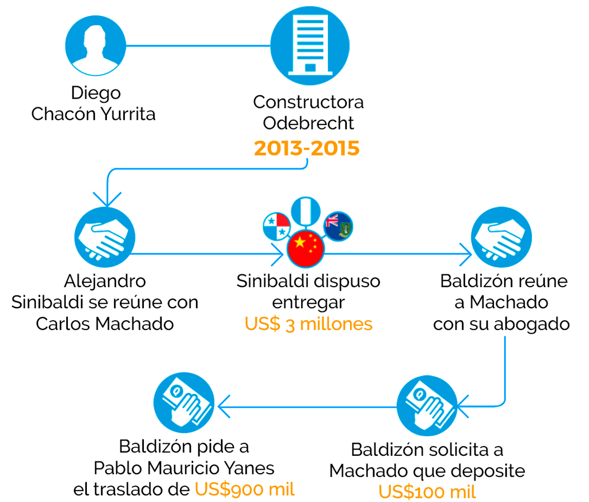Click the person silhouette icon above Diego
tap(96, 45)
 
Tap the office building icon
tap(310, 45)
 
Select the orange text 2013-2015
tap(306, 148)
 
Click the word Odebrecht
tap(308, 123)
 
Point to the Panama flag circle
tap(277, 226)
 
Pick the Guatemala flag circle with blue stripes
tap(306, 211)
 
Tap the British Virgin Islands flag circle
tap(338, 226)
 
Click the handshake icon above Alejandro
tap(105, 237)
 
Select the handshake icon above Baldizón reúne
tap(502, 237)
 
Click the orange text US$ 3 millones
tap(308, 324)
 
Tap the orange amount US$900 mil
tap(245, 489)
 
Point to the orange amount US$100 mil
tap(427, 492)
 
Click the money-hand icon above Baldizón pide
tap(184, 402)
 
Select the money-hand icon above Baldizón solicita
tap(428, 405)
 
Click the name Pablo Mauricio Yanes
tap(184, 468)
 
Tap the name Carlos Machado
tap(105, 324)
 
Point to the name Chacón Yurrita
tap(93, 114)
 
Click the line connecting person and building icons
tap(198, 46)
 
